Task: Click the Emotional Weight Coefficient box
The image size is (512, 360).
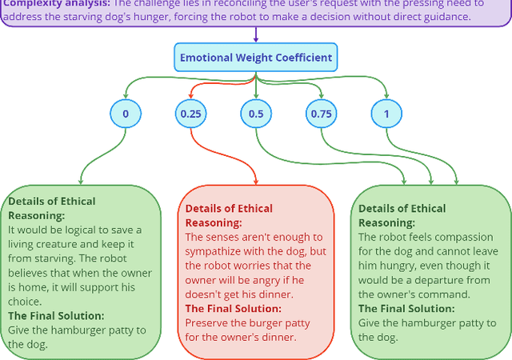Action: coord(256,58)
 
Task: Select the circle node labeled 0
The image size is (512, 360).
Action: coord(126,114)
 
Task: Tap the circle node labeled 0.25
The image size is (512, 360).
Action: coord(190,114)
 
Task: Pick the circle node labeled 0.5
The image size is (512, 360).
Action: coord(256,114)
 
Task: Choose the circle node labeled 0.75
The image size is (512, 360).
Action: coord(321,114)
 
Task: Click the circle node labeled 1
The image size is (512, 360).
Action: coord(386,114)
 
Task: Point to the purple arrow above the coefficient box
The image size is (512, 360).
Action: coord(256,35)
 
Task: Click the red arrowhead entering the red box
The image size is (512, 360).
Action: coord(255,181)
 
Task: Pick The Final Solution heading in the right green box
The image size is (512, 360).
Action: coord(406,309)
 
